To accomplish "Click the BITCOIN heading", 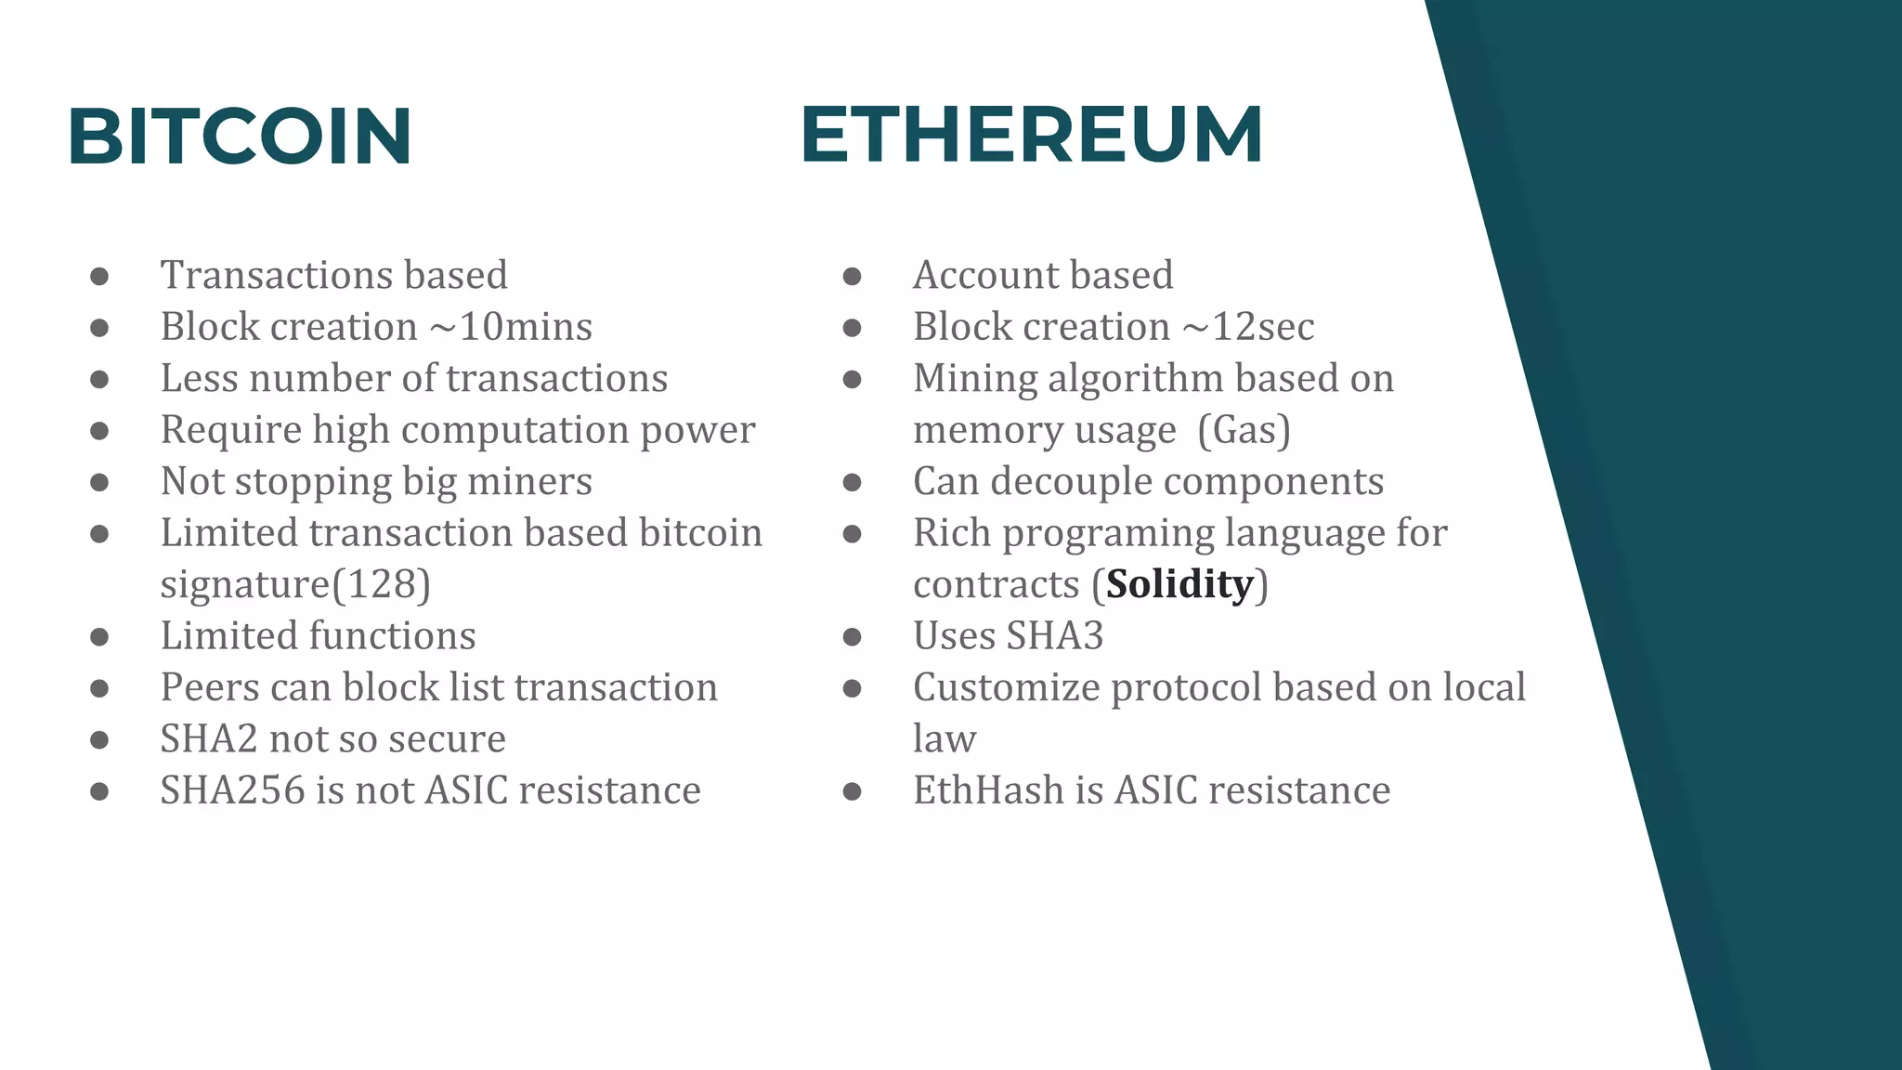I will pyautogui.click(x=240, y=137).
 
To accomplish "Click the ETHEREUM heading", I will pyautogui.click(x=1031, y=135).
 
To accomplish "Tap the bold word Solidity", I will pyautogui.click(x=1179, y=584).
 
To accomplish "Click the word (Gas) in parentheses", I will pyautogui.click(x=1244, y=430).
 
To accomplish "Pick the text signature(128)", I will pyautogui.click(x=295, y=584).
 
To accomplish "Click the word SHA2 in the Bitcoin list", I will pyautogui.click(x=208, y=739).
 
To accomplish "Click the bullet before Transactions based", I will pyautogui.click(x=99, y=276).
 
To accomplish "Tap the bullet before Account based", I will pyautogui.click(x=852, y=276).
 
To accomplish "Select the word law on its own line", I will pyautogui.click(x=944, y=739).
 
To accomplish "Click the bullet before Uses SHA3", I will pyautogui.click(x=852, y=637).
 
